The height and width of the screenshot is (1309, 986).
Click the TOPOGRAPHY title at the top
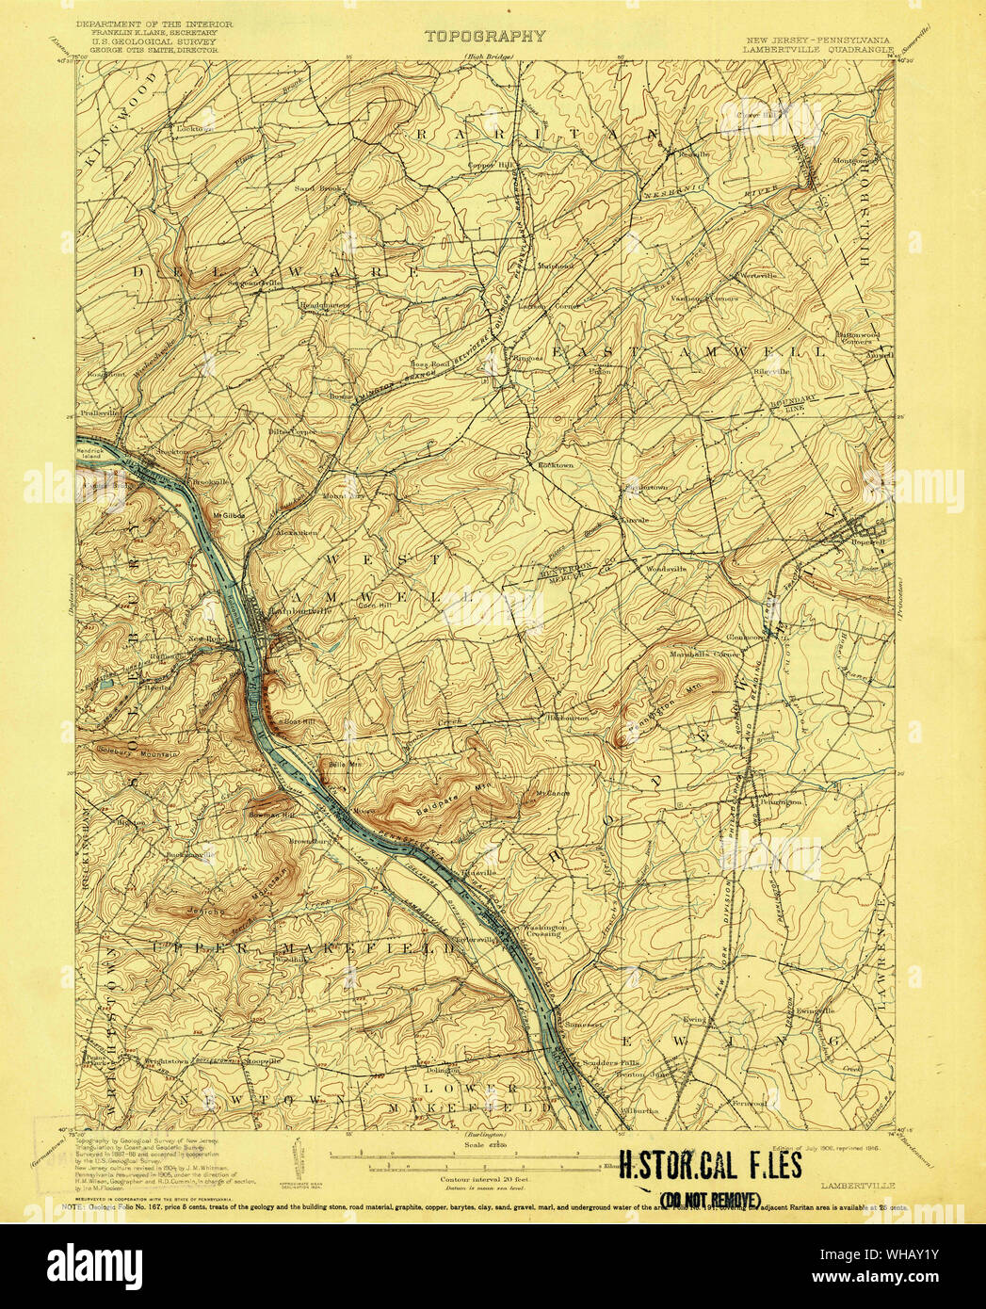484,37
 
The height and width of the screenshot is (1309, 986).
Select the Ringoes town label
526,358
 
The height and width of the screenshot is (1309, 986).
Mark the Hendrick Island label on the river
92,454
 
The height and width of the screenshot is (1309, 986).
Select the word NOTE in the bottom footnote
72,1207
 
